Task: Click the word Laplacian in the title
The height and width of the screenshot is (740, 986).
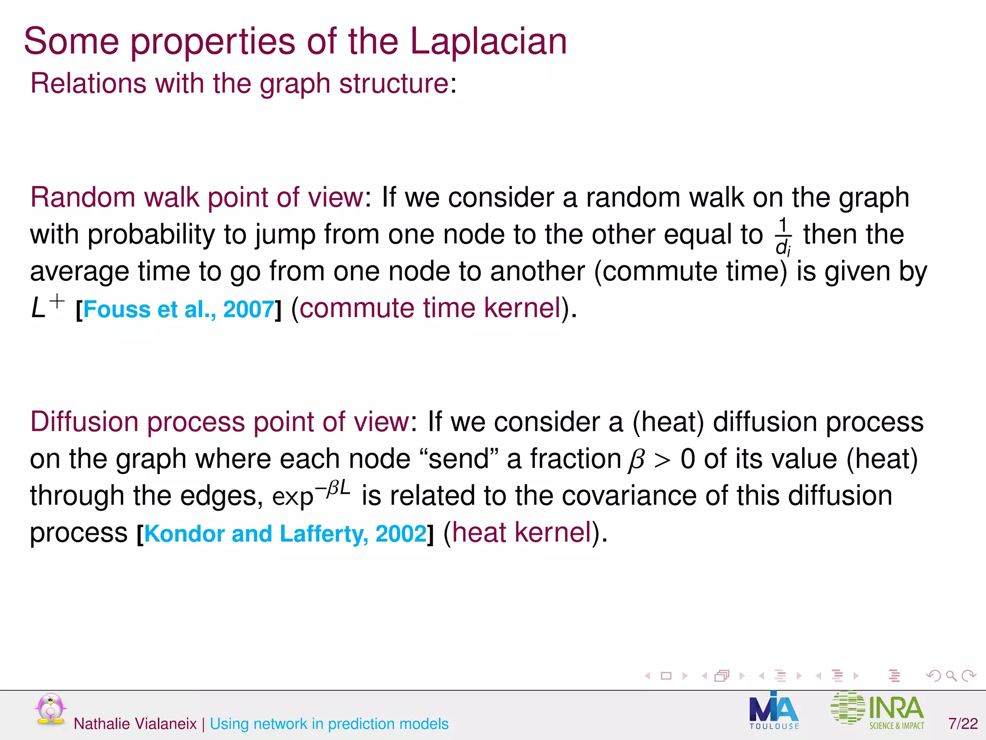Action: pyautogui.click(x=488, y=41)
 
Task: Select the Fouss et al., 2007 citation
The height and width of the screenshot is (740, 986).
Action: pyautogui.click(x=179, y=309)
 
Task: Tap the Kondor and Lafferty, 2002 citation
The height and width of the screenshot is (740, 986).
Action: pyautogui.click(x=285, y=534)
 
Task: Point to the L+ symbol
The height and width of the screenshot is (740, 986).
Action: pyautogui.click(x=47, y=307)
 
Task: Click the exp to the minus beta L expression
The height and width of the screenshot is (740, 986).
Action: pyautogui.click(x=311, y=493)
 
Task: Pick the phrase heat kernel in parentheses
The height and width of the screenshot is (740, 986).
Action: pyautogui.click(x=521, y=532)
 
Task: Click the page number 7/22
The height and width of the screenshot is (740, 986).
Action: pyautogui.click(x=963, y=724)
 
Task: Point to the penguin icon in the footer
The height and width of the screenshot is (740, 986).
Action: pyautogui.click(x=50, y=709)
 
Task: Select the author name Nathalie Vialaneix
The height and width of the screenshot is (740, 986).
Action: pyautogui.click(x=135, y=724)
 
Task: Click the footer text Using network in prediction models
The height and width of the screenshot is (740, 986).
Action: pyautogui.click(x=329, y=724)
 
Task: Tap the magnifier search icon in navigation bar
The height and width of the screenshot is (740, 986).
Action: pyautogui.click(x=951, y=676)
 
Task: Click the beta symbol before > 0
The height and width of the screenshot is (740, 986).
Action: pyautogui.click(x=636, y=460)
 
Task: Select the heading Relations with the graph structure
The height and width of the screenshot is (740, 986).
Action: pyautogui.click(x=240, y=83)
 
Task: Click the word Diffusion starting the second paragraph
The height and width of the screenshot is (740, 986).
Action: pyautogui.click(x=85, y=422)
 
